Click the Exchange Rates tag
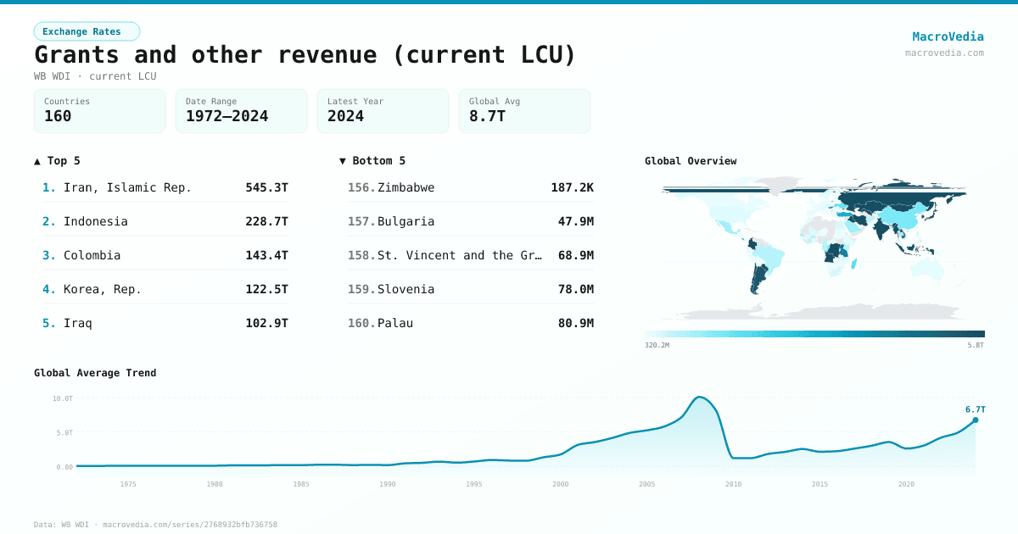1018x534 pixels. tap(87, 31)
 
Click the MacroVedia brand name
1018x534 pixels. tap(948, 36)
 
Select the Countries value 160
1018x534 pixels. tap(58, 116)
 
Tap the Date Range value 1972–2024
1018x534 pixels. tap(227, 116)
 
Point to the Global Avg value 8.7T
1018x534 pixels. tap(487, 116)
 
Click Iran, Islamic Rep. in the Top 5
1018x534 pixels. tap(127, 187)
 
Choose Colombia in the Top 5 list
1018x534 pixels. tap(92, 255)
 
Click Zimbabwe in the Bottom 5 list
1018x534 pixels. tap(406, 187)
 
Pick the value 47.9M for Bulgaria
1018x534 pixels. tap(575, 221)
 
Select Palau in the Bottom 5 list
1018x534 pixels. tap(395, 323)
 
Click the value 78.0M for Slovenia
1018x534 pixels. tap(575, 289)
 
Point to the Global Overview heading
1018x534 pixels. tap(691, 161)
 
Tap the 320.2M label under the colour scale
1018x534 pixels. tap(657, 345)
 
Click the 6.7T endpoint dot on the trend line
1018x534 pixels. tap(975, 420)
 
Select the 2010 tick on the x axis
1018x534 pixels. tap(733, 484)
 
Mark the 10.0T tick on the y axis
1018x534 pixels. tap(62, 398)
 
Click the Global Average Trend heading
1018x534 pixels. tap(95, 373)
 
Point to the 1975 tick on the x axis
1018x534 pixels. tap(128, 484)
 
